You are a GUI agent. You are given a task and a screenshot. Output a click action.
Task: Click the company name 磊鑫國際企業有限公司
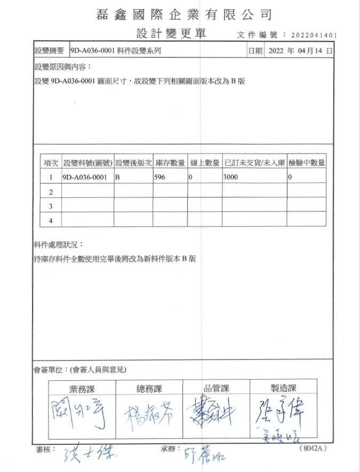coord(185,14)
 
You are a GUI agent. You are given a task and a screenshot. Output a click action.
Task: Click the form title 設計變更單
coord(171,34)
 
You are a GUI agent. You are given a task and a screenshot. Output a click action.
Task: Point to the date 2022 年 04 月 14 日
coord(301,51)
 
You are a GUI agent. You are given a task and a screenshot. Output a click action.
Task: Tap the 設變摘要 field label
coord(49,51)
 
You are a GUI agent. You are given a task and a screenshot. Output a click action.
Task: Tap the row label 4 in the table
coord(51,220)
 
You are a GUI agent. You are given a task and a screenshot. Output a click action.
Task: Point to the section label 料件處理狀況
coord(59,245)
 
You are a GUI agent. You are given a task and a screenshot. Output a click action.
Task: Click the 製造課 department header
coord(283,389)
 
